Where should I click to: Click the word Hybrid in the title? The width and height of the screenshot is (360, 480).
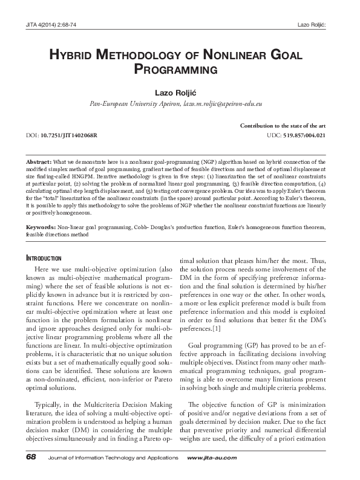pos(72,55)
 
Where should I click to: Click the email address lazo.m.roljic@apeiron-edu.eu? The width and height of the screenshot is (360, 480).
pos(221,104)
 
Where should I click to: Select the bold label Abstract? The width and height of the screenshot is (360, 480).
pos(39,162)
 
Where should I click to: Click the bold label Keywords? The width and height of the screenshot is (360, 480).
pos(41,227)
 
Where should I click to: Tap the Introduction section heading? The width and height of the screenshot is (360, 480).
pos(45,258)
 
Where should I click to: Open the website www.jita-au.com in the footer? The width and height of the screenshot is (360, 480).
pos(212,458)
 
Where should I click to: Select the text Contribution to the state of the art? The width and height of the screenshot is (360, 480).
pos(283,124)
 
